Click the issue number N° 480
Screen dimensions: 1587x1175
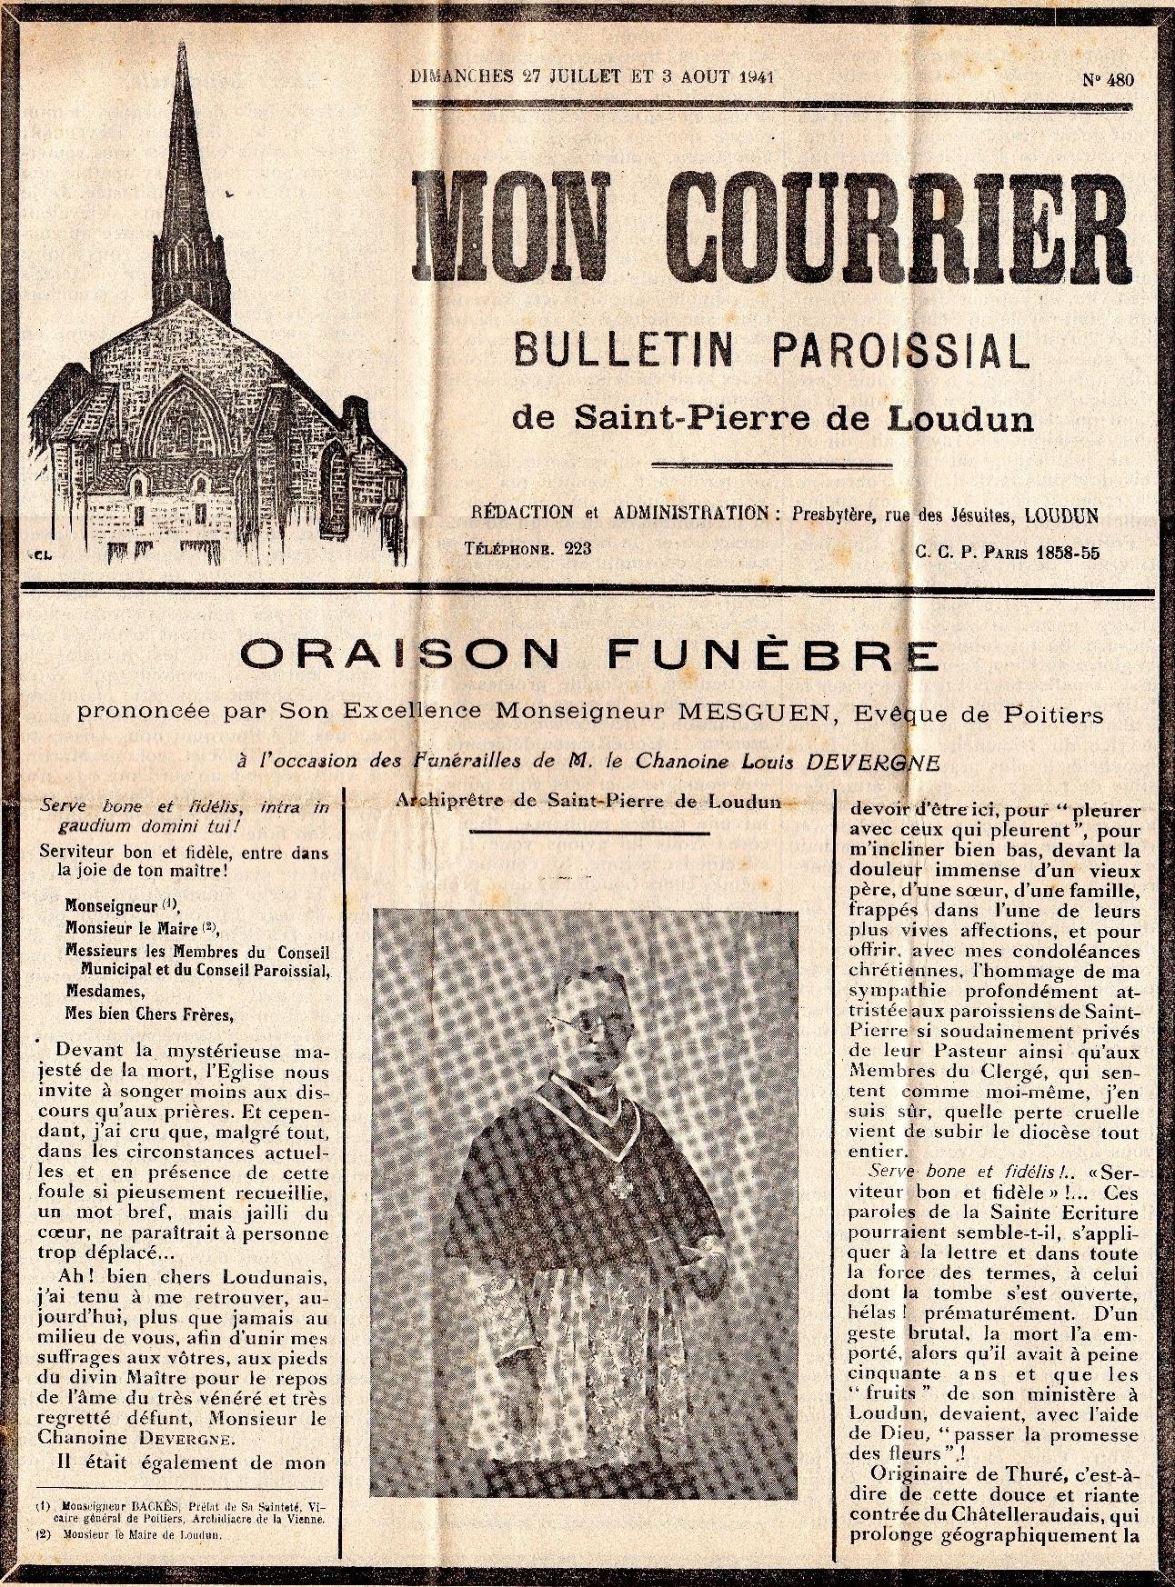[1108, 79]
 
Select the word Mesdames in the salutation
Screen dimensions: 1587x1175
[99, 991]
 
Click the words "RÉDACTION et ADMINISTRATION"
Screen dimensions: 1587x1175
[620, 513]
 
